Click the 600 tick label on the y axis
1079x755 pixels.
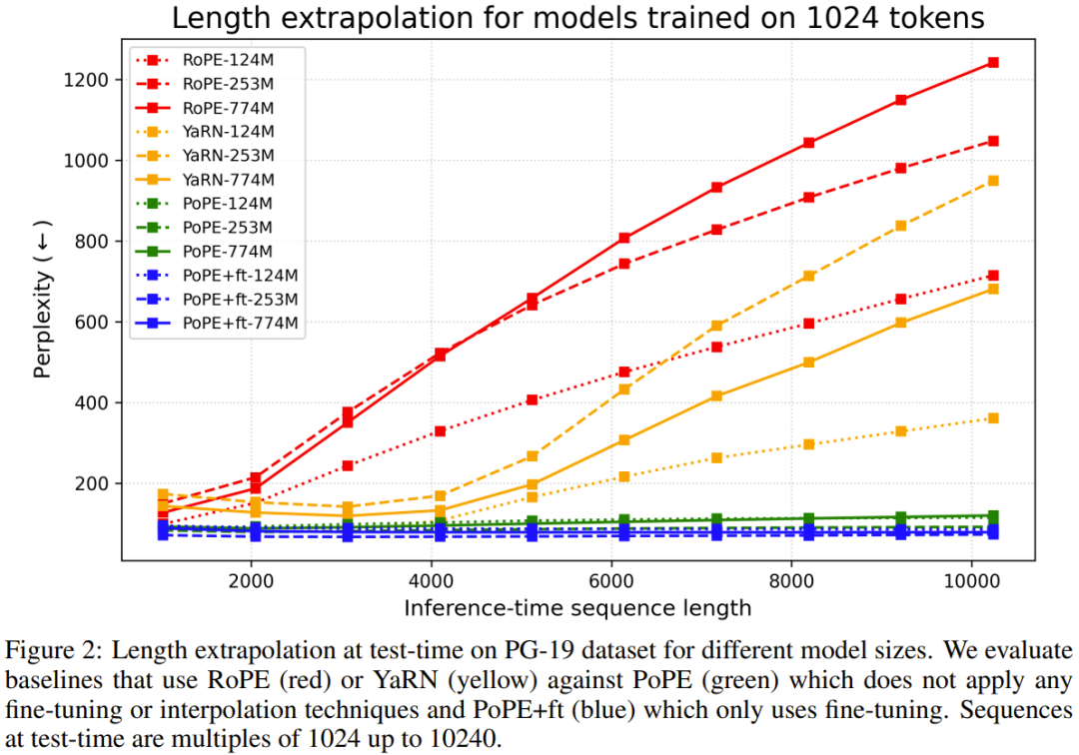pos(100,323)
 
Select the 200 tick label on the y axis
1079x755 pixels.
pos(100,483)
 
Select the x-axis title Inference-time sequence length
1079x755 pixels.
pos(577,607)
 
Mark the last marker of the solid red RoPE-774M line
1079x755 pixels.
pos(993,62)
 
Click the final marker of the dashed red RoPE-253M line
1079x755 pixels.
pos(993,141)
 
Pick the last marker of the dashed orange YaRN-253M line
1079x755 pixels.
pos(993,181)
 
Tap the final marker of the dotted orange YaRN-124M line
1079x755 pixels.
pos(993,418)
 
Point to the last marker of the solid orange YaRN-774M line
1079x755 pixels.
pos(993,289)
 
